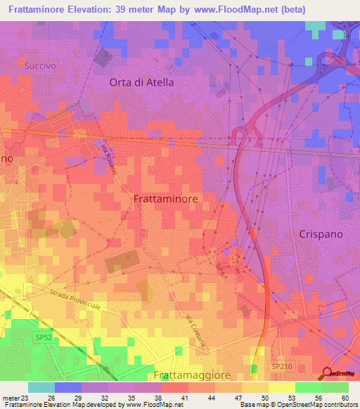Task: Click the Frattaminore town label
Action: point(165,199)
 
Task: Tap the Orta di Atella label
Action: point(141,82)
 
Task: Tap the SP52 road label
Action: point(44,337)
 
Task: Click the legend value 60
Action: point(345,398)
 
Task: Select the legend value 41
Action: point(184,398)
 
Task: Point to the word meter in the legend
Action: point(11,398)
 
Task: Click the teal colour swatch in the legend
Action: point(41,387)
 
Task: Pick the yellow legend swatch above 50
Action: point(255,387)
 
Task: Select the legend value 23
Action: point(27,398)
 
